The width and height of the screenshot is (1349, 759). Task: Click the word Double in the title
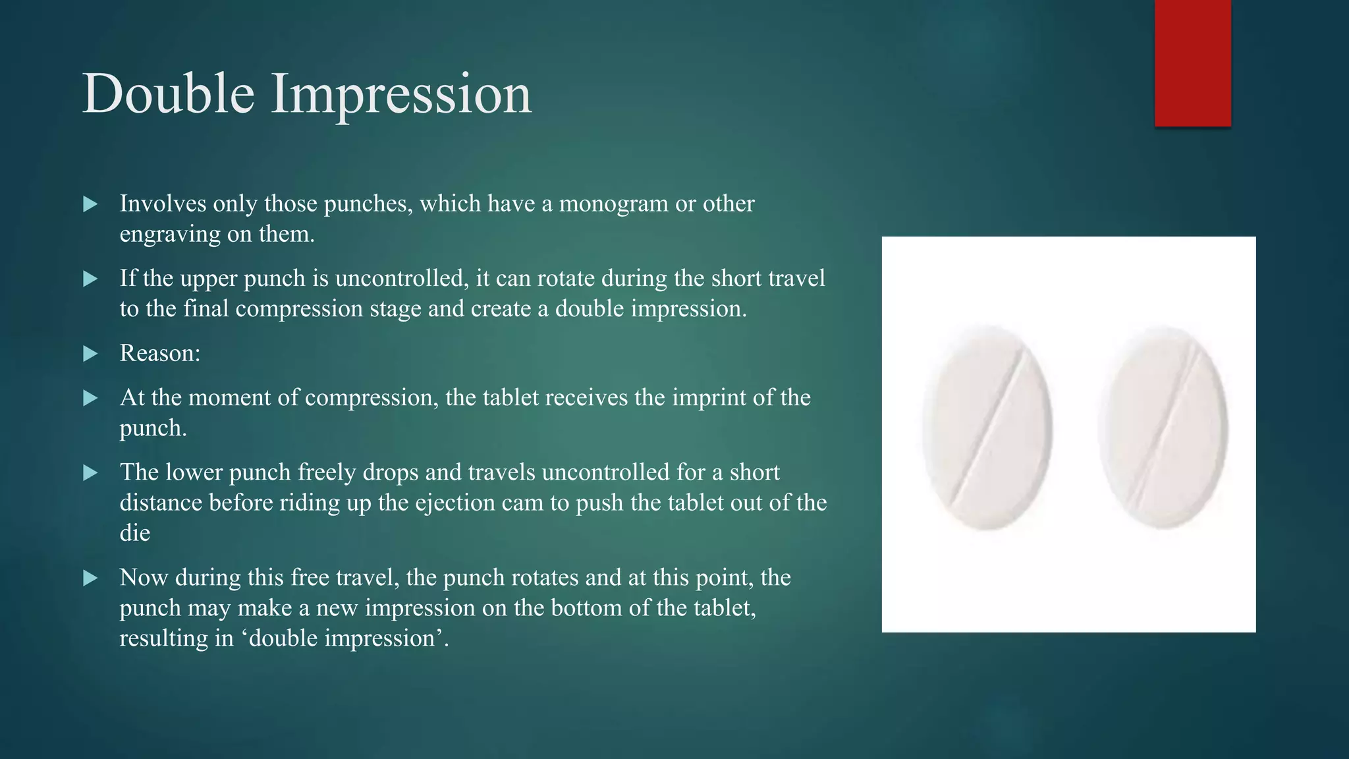tap(169, 94)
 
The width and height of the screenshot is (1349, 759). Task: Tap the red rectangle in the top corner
tap(1192, 63)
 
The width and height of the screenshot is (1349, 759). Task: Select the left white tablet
tap(986, 428)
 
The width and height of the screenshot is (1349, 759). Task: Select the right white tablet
tap(1164, 428)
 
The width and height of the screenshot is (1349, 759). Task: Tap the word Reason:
tap(160, 354)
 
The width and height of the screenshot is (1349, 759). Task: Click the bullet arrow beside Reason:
tap(91, 354)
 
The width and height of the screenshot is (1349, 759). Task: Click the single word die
tap(135, 533)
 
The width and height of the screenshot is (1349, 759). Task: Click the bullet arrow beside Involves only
tap(91, 204)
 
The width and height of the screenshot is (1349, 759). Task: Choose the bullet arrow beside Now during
tap(91, 578)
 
